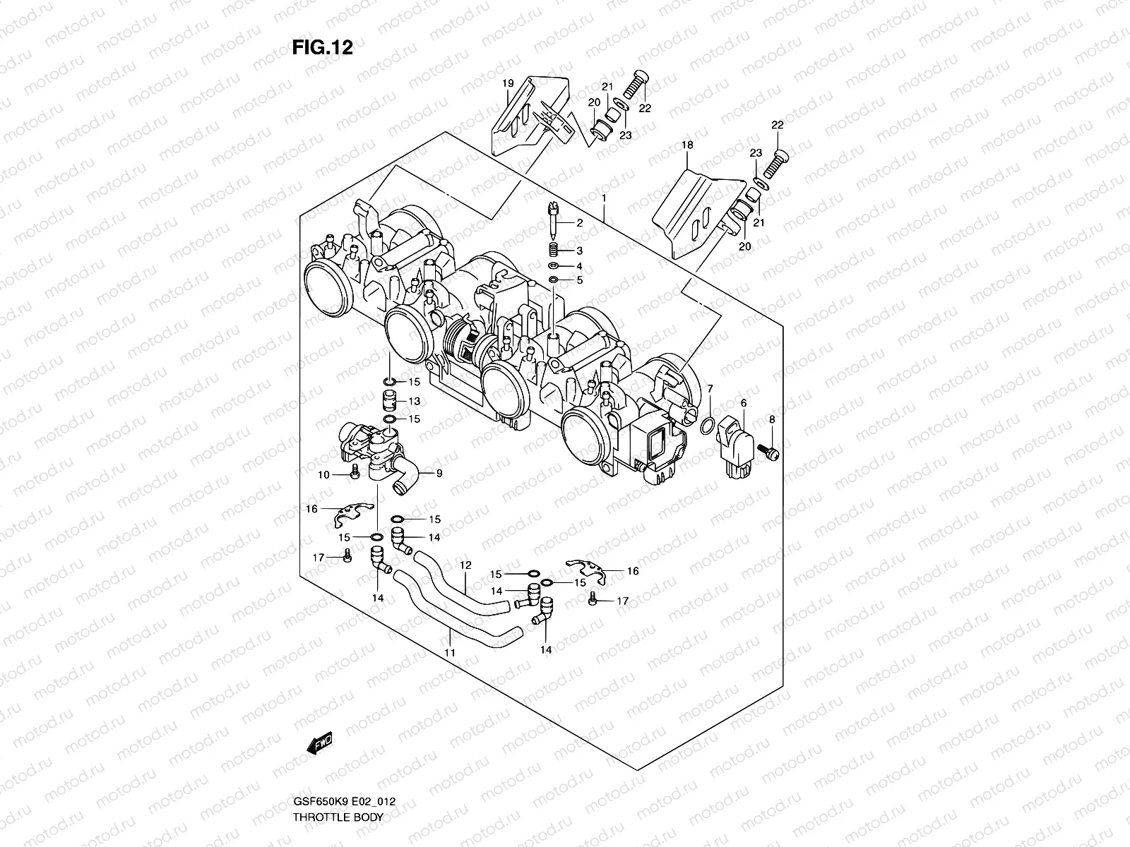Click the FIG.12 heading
[322, 47]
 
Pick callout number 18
[687, 145]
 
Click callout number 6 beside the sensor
[743, 402]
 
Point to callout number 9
[439, 474]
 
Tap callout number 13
[414, 401]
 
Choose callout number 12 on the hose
[465, 565]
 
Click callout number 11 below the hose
[450, 653]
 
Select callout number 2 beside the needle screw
[579, 223]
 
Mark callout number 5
[579, 280]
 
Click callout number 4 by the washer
[579, 266]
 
